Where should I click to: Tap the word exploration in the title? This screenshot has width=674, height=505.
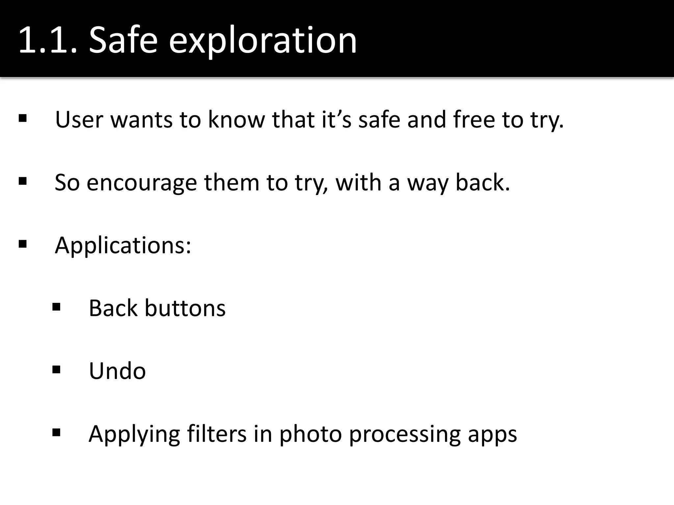[263, 41]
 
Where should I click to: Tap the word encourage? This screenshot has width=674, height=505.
[142, 183]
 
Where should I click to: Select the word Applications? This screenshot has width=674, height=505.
[123, 246]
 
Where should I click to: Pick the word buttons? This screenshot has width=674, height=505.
[185, 308]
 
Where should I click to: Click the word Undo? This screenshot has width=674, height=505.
[117, 371]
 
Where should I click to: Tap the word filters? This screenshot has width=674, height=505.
[217, 434]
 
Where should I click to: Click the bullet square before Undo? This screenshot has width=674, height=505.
[56, 370]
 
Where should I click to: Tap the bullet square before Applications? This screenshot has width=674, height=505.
[23, 244]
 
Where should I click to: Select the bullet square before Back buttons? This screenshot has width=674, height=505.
[56, 307]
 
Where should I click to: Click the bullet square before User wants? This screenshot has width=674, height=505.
[23, 118]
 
